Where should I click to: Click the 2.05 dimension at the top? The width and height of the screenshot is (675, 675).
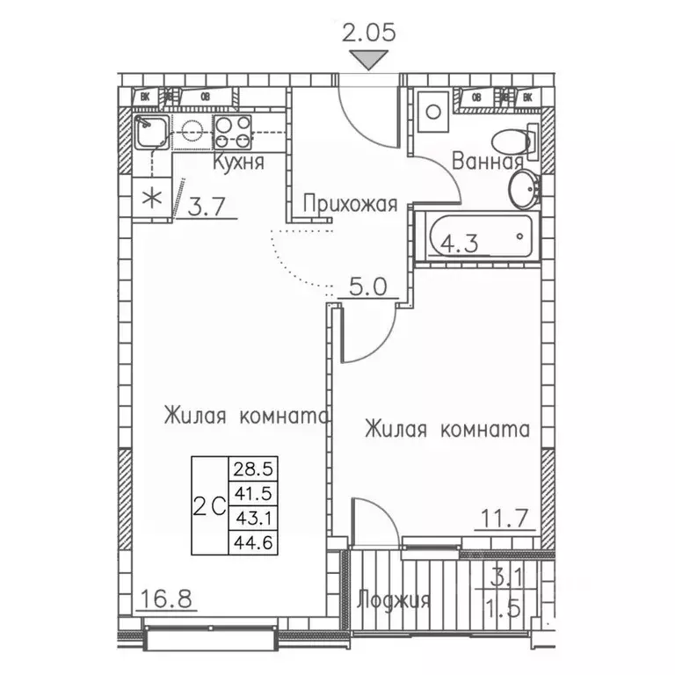(368, 33)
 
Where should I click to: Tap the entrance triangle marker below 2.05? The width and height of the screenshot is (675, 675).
(368, 60)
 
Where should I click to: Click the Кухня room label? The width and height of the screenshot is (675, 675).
(238, 163)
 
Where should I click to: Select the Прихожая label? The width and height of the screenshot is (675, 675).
(350, 204)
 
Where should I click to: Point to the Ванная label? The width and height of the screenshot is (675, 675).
(488, 162)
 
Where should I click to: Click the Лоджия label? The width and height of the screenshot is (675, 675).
(394, 600)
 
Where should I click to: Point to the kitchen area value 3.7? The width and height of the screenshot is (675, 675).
(207, 207)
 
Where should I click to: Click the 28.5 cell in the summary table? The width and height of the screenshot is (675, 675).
(250, 466)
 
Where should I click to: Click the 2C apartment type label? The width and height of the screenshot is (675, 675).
(209, 505)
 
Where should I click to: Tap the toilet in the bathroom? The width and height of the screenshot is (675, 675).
(511, 141)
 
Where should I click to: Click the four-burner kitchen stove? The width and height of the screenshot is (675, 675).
(233, 132)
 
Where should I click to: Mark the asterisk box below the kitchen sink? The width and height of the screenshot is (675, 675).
(152, 197)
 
